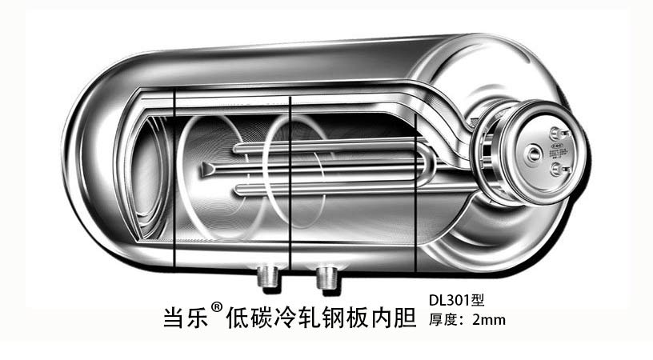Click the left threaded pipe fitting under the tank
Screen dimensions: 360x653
click(266, 277)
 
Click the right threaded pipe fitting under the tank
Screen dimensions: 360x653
click(326, 278)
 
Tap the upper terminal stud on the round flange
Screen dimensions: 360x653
click(557, 134)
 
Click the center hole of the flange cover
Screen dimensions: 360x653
click(535, 151)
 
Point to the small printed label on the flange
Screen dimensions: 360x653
click(558, 150)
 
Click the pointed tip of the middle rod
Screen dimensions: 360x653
click(206, 168)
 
